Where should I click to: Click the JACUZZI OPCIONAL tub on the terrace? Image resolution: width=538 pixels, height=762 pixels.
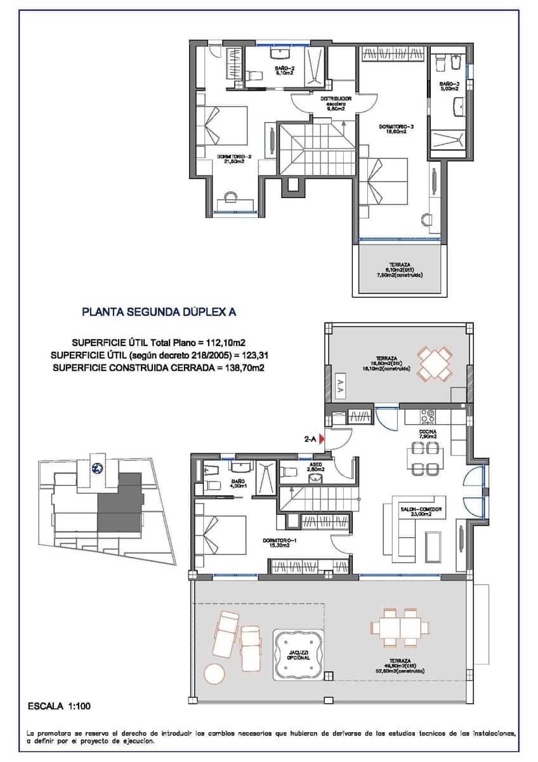pos(298,655)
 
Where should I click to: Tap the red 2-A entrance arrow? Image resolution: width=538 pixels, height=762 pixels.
pos(322,438)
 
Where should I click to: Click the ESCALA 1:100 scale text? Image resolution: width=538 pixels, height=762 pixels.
pos(55,705)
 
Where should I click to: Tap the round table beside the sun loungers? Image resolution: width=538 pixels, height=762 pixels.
pos(214,672)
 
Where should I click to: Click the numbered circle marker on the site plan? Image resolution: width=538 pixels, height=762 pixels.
pos(98,469)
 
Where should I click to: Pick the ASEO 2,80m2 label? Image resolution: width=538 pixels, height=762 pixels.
pos(316,465)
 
